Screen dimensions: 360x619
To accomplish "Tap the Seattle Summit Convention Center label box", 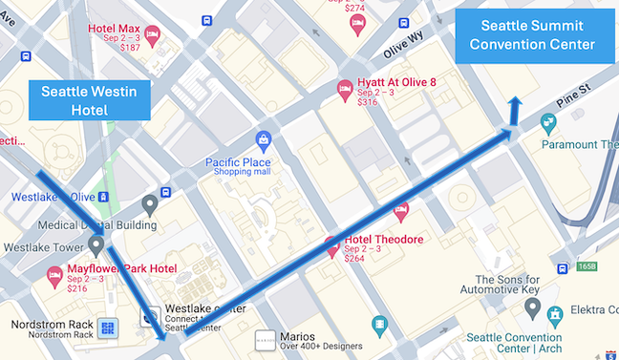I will pyautogui.click(x=537, y=36).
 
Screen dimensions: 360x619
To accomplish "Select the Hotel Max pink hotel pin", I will pyautogui.click(x=152, y=34).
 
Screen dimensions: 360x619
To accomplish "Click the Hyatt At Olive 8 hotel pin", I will pyautogui.click(x=345, y=91).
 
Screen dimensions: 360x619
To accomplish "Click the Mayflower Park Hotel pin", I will pyautogui.click(x=55, y=275).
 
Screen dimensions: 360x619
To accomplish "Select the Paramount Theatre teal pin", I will pyautogui.click(x=547, y=123).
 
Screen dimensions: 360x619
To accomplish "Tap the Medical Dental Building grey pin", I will pyautogui.click(x=149, y=203).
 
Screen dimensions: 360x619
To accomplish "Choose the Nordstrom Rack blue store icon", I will pyautogui.click(x=107, y=329).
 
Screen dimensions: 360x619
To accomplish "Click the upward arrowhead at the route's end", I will pyautogui.click(x=514, y=103).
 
